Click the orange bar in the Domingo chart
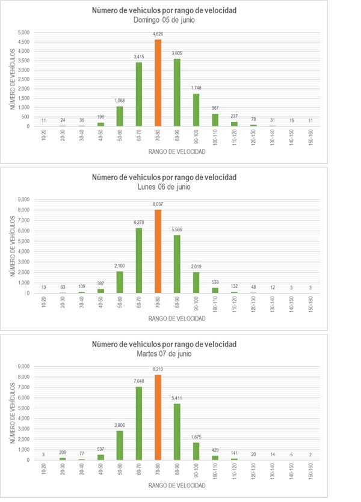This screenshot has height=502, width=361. click(x=158, y=83)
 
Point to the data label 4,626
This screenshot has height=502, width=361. click(x=158, y=34)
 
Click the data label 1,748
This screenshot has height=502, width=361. click(x=196, y=88)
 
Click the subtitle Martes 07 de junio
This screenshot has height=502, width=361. click(x=164, y=354)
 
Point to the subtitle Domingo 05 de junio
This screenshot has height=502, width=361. click(x=164, y=20)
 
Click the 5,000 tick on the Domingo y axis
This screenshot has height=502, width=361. click(x=23, y=32)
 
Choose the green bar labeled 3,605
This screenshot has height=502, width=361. click(x=177, y=92)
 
